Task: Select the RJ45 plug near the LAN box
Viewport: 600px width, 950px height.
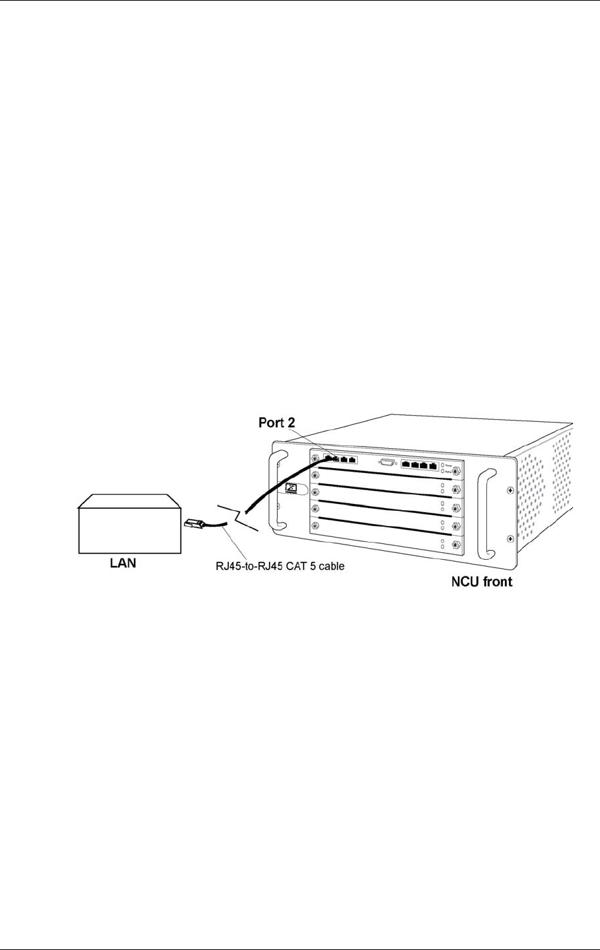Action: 194,525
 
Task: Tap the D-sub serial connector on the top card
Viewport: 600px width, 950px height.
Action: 387,463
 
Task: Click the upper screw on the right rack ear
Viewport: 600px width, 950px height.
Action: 510,490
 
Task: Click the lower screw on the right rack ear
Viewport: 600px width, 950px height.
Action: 510,538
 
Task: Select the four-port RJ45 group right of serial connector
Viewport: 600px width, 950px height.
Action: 419,465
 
